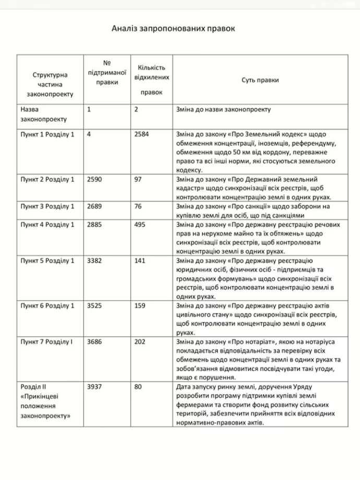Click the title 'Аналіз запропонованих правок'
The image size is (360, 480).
click(x=174, y=28)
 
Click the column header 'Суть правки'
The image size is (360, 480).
click(x=260, y=80)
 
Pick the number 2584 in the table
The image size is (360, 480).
click(x=142, y=135)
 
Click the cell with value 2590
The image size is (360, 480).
click(x=95, y=179)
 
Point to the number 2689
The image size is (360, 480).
click(x=95, y=207)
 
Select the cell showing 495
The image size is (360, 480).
click(x=140, y=225)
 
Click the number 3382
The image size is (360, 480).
click(x=95, y=261)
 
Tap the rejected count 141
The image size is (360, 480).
click(x=140, y=261)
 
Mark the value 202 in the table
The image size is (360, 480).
click(x=140, y=342)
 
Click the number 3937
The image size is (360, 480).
click(x=95, y=387)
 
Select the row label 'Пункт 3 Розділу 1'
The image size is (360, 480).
click(x=47, y=207)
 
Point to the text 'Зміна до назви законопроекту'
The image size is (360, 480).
click(x=224, y=110)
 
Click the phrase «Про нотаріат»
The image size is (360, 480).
click(x=247, y=342)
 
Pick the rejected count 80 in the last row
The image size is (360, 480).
click(x=138, y=387)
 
